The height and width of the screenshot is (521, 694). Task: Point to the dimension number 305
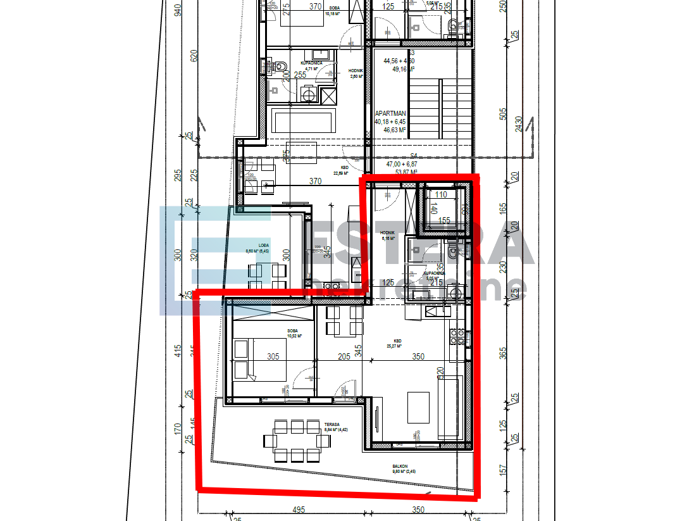[273, 357]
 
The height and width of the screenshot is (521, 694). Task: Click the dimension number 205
[344, 357]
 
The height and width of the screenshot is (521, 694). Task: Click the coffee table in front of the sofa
[418, 407]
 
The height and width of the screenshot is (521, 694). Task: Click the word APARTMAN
[389, 113]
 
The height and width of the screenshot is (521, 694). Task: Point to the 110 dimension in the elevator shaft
[442, 195]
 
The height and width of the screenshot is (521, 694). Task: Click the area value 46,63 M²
[394, 130]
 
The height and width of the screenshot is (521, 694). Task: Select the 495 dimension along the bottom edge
[299, 510]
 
